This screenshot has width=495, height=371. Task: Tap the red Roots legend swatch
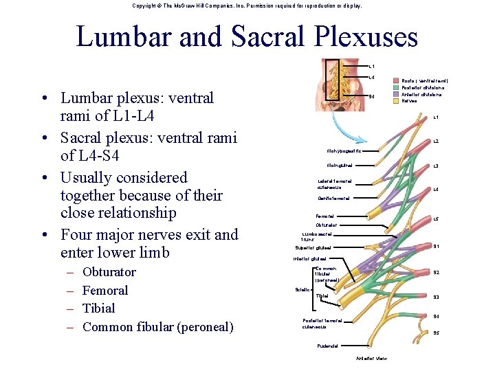[x=396, y=80]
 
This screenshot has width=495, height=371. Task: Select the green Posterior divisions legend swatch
[x=396, y=87]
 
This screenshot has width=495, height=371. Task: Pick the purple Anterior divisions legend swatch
[x=396, y=94]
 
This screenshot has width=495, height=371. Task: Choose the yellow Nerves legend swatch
[x=396, y=101]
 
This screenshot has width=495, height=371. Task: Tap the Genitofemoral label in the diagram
[x=333, y=199]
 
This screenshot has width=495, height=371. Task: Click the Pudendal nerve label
[x=328, y=345]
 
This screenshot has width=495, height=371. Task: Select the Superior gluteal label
[x=313, y=247]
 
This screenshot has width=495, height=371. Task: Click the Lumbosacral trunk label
[x=316, y=236]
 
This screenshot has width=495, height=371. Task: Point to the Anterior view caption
[x=372, y=359]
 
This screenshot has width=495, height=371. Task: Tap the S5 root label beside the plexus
[x=436, y=333]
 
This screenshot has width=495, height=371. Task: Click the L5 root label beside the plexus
[x=436, y=218]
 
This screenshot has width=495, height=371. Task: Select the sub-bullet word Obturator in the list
[x=109, y=272]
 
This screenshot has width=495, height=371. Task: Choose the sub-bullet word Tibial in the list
[x=98, y=308]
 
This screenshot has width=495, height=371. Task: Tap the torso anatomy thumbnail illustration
[x=342, y=82]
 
